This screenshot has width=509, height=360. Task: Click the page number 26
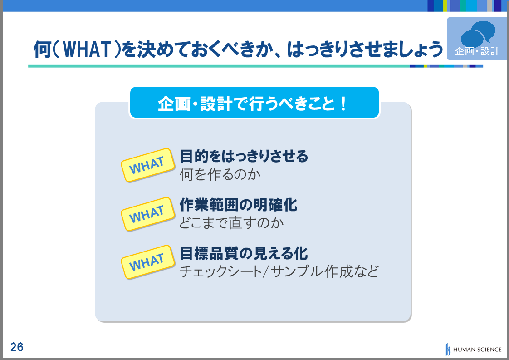click(17, 347)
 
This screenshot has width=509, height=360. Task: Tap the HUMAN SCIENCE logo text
click(477, 350)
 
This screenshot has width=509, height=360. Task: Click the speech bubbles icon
click(478, 34)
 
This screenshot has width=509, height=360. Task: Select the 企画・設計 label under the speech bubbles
click(477, 51)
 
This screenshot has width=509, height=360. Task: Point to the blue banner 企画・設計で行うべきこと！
click(254, 102)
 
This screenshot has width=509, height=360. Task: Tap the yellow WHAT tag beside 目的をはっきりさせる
click(148, 165)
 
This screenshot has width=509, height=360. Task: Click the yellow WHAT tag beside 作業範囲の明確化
click(148, 214)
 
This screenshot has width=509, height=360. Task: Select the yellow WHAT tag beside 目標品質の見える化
click(148, 262)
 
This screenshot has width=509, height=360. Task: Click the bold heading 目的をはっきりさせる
click(244, 156)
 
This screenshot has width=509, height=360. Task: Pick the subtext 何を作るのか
click(220, 174)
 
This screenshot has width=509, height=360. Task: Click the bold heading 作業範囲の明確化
click(238, 205)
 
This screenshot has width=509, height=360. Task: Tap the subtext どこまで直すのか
click(231, 223)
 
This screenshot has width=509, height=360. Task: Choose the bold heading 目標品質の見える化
click(244, 253)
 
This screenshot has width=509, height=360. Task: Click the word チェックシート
click(221, 271)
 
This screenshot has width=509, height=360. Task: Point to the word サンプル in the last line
click(296, 271)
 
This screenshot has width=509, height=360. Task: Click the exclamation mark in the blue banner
click(343, 104)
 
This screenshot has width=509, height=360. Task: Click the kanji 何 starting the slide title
click(42, 49)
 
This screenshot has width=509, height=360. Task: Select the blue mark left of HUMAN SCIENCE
click(448, 349)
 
